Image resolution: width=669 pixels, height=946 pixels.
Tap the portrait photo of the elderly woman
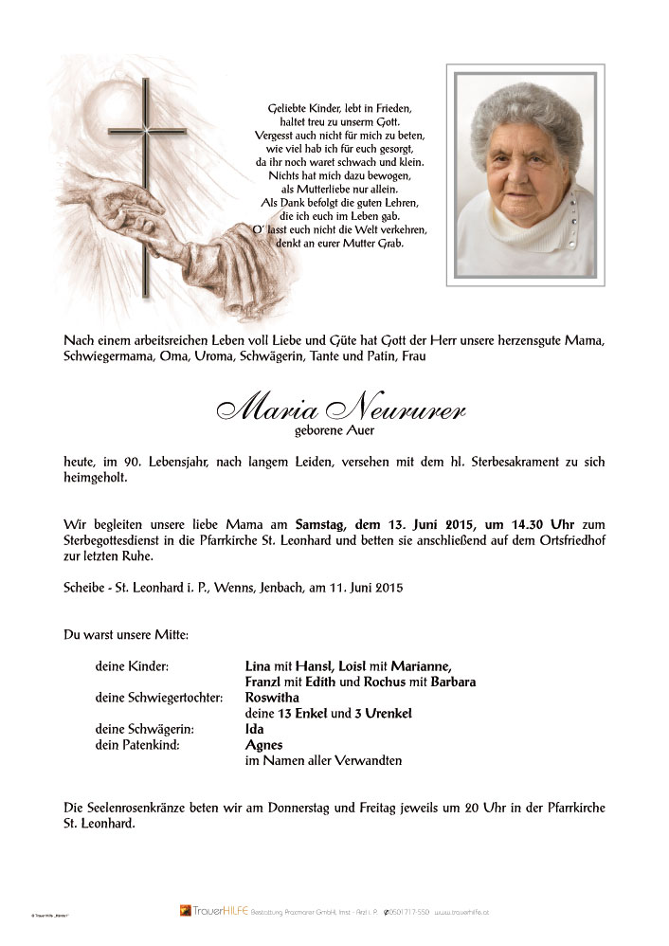point(525,175)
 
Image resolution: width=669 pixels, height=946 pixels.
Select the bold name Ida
point(254,729)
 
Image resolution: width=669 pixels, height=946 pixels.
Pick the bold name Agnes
point(263,745)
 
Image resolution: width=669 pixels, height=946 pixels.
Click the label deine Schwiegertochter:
point(158,698)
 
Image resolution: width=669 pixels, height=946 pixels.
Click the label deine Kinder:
point(132,666)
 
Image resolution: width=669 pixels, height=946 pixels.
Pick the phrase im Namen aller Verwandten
point(323,760)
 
